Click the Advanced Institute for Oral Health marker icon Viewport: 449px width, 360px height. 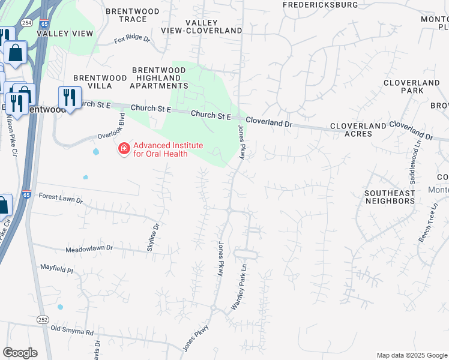point(124,148)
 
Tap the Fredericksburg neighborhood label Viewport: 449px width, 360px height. point(321,5)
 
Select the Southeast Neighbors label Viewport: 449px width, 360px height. point(390,197)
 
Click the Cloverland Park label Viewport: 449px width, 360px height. point(412,86)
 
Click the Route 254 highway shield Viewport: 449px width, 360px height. point(26,22)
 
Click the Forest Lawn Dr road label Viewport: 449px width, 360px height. point(60,196)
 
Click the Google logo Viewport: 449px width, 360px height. point(20,353)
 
